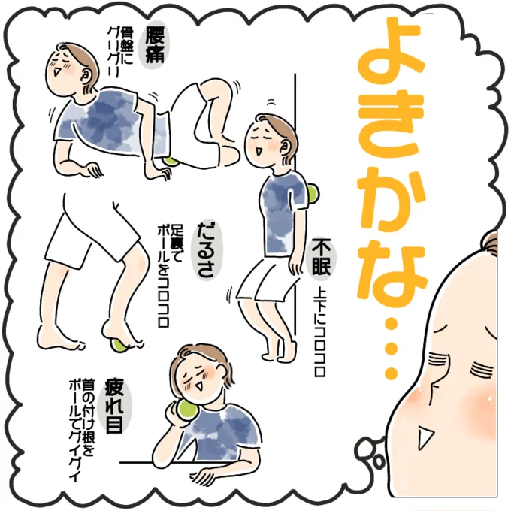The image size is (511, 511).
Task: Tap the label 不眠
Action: point(321,258)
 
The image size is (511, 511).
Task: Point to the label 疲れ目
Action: point(115,407)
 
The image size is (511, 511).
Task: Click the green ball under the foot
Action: point(119,346)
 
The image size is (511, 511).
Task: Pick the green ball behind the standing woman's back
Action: point(313,195)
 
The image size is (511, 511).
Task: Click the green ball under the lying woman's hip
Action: point(171,162)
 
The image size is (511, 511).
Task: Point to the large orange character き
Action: point(391,129)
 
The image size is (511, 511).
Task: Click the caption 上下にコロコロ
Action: point(321,331)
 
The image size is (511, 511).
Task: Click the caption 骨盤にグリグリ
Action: point(120,52)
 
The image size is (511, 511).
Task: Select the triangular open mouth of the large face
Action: point(425,437)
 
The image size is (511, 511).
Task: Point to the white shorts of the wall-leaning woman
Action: point(265,282)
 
